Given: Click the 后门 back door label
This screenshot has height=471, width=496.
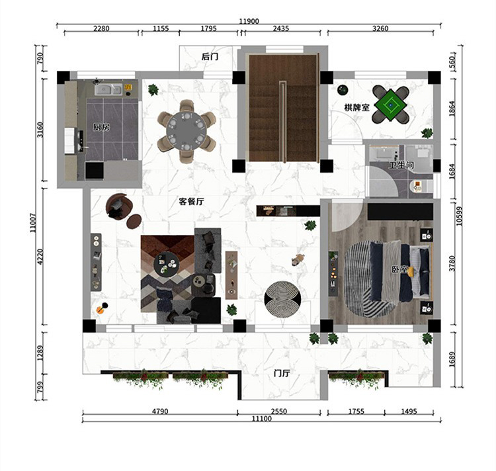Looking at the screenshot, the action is click(x=210, y=57).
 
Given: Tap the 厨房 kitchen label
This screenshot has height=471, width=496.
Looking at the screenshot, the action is click(x=101, y=127).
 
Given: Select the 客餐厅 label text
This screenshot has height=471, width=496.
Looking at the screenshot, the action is click(x=191, y=202).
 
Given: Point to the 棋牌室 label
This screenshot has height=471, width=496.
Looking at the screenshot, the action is click(x=357, y=108).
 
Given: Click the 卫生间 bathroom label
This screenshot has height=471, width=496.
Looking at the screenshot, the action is click(x=401, y=165).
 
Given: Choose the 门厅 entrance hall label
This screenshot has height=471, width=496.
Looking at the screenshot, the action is click(x=282, y=373).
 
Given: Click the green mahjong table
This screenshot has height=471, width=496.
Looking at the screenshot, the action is click(x=391, y=105).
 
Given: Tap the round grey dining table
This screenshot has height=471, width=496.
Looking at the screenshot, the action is click(x=186, y=130).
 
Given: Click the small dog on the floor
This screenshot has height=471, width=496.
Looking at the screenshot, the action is click(x=298, y=259).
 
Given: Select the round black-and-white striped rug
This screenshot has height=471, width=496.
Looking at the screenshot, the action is click(x=282, y=299).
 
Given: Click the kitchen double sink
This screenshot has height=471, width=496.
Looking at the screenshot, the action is click(x=108, y=89).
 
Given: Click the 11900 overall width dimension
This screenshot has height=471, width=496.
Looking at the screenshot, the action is click(x=249, y=21).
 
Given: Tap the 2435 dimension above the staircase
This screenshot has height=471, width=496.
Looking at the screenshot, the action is click(x=281, y=28).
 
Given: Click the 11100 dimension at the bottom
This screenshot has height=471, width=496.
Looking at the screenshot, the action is click(x=262, y=419).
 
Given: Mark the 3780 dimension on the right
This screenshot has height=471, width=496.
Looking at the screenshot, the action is click(x=452, y=263).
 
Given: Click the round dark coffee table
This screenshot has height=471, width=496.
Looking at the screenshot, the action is click(x=167, y=264).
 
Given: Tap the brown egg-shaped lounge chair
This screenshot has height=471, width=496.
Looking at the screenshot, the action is click(x=119, y=206).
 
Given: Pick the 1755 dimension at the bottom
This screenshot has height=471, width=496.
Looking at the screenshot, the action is click(x=356, y=411).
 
